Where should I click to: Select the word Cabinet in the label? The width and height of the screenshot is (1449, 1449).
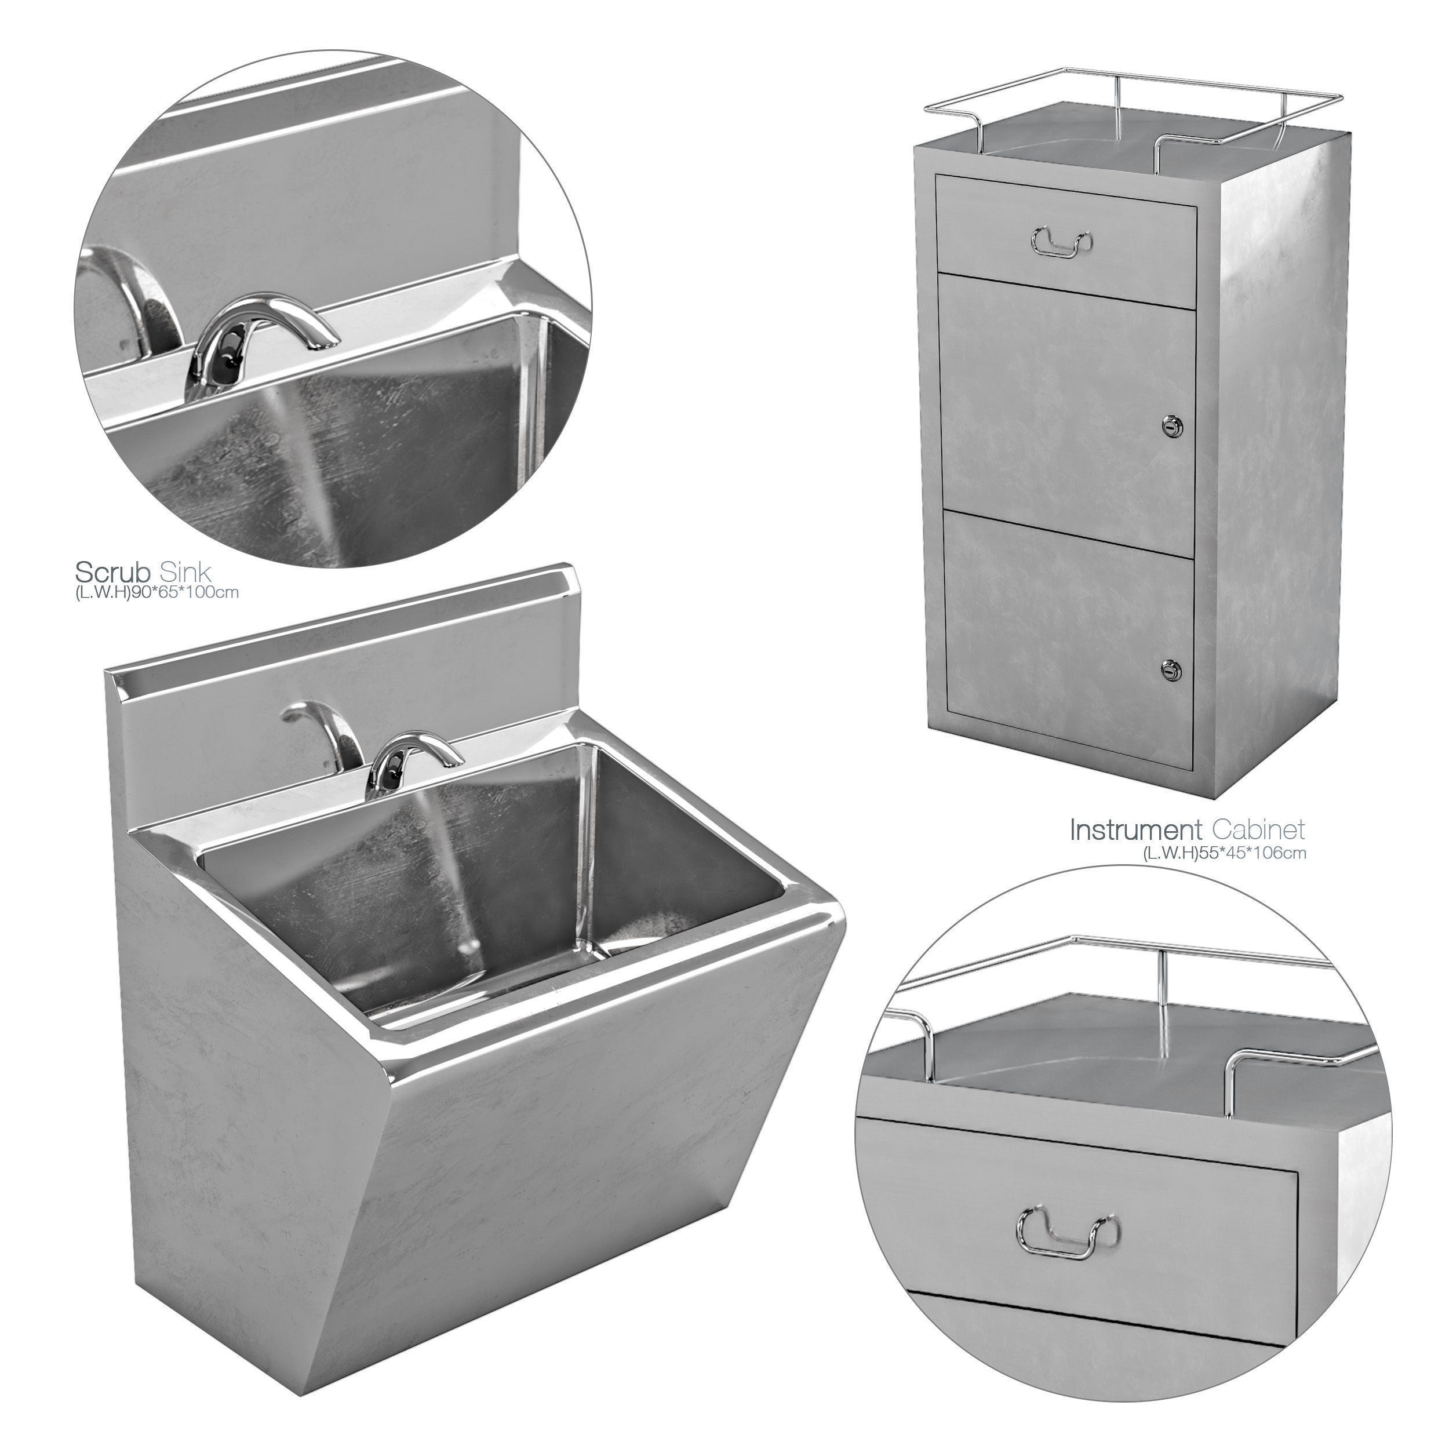pyautogui.click(x=1258, y=830)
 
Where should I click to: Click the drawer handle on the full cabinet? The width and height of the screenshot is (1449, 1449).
pyautogui.click(x=1061, y=240)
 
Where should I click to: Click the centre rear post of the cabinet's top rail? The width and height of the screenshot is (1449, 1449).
pyautogui.click(x=1117, y=105)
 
